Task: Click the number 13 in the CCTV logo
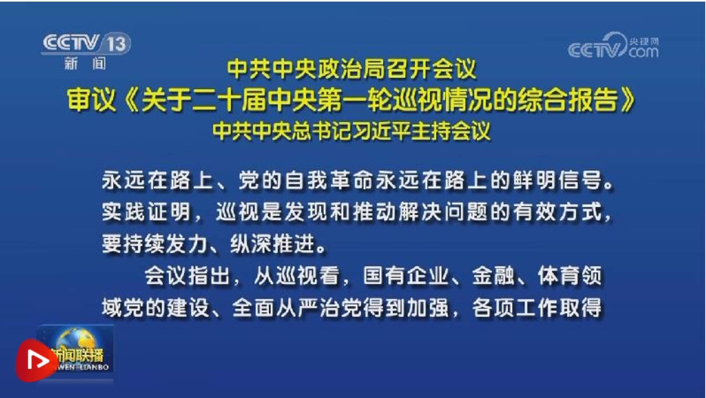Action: click(x=117, y=43)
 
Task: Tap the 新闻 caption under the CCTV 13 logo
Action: click(x=85, y=63)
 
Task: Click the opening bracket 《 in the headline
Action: click(x=129, y=100)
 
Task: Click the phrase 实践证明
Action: click(x=147, y=212)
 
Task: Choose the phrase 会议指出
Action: click(x=188, y=275)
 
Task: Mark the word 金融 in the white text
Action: click(x=493, y=275)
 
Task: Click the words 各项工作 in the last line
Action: click(x=515, y=307)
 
